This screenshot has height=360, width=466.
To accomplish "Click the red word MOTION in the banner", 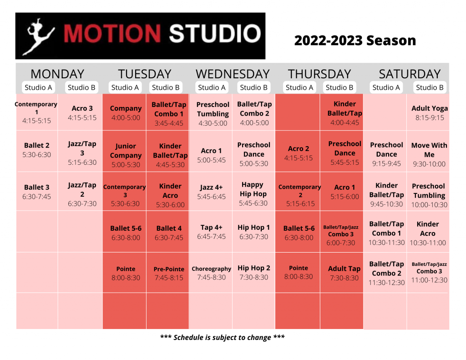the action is [x=112, y=33].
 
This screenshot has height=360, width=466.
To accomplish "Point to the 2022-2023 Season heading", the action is [x=355, y=41].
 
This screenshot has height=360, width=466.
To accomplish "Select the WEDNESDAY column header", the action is [x=233, y=74].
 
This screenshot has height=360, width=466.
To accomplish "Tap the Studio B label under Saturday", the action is [x=430, y=87].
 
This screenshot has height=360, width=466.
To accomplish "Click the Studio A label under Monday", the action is [x=38, y=87].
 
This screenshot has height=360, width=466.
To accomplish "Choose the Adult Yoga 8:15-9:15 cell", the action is [x=430, y=113].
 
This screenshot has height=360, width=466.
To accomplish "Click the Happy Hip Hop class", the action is [x=253, y=193].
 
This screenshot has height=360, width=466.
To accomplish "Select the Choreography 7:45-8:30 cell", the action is [x=211, y=273].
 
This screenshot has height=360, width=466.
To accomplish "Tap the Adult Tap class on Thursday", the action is [x=344, y=273].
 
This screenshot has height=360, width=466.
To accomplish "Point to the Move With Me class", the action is [x=429, y=154].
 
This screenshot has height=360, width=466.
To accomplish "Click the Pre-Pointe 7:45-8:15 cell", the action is [x=169, y=273].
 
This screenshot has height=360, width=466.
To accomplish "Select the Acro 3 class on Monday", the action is [x=82, y=113].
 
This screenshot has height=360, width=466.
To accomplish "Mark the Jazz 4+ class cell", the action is [x=211, y=192].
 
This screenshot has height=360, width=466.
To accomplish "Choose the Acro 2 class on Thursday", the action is [x=299, y=153].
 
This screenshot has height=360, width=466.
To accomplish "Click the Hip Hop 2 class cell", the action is [x=254, y=272].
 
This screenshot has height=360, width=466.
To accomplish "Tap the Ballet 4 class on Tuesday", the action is [x=169, y=233].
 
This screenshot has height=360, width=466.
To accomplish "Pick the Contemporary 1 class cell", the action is [x=36, y=112].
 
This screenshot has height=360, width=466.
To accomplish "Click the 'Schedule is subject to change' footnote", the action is [x=222, y=337].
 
